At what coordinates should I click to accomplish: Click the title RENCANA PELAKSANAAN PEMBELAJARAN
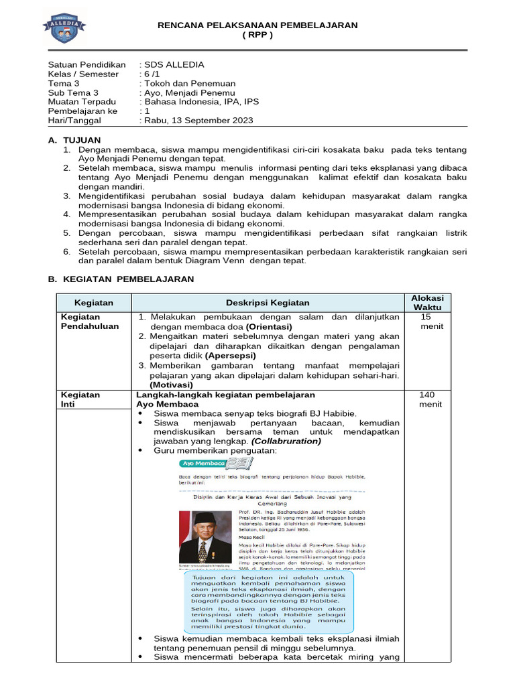click(257, 25)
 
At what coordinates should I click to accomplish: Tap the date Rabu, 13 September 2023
click(198, 121)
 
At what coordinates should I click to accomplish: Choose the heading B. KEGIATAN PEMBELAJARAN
click(121, 279)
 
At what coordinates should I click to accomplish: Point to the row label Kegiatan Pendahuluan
click(90, 321)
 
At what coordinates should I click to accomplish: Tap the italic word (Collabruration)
click(286, 441)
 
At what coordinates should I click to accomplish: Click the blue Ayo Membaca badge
click(202, 464)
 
